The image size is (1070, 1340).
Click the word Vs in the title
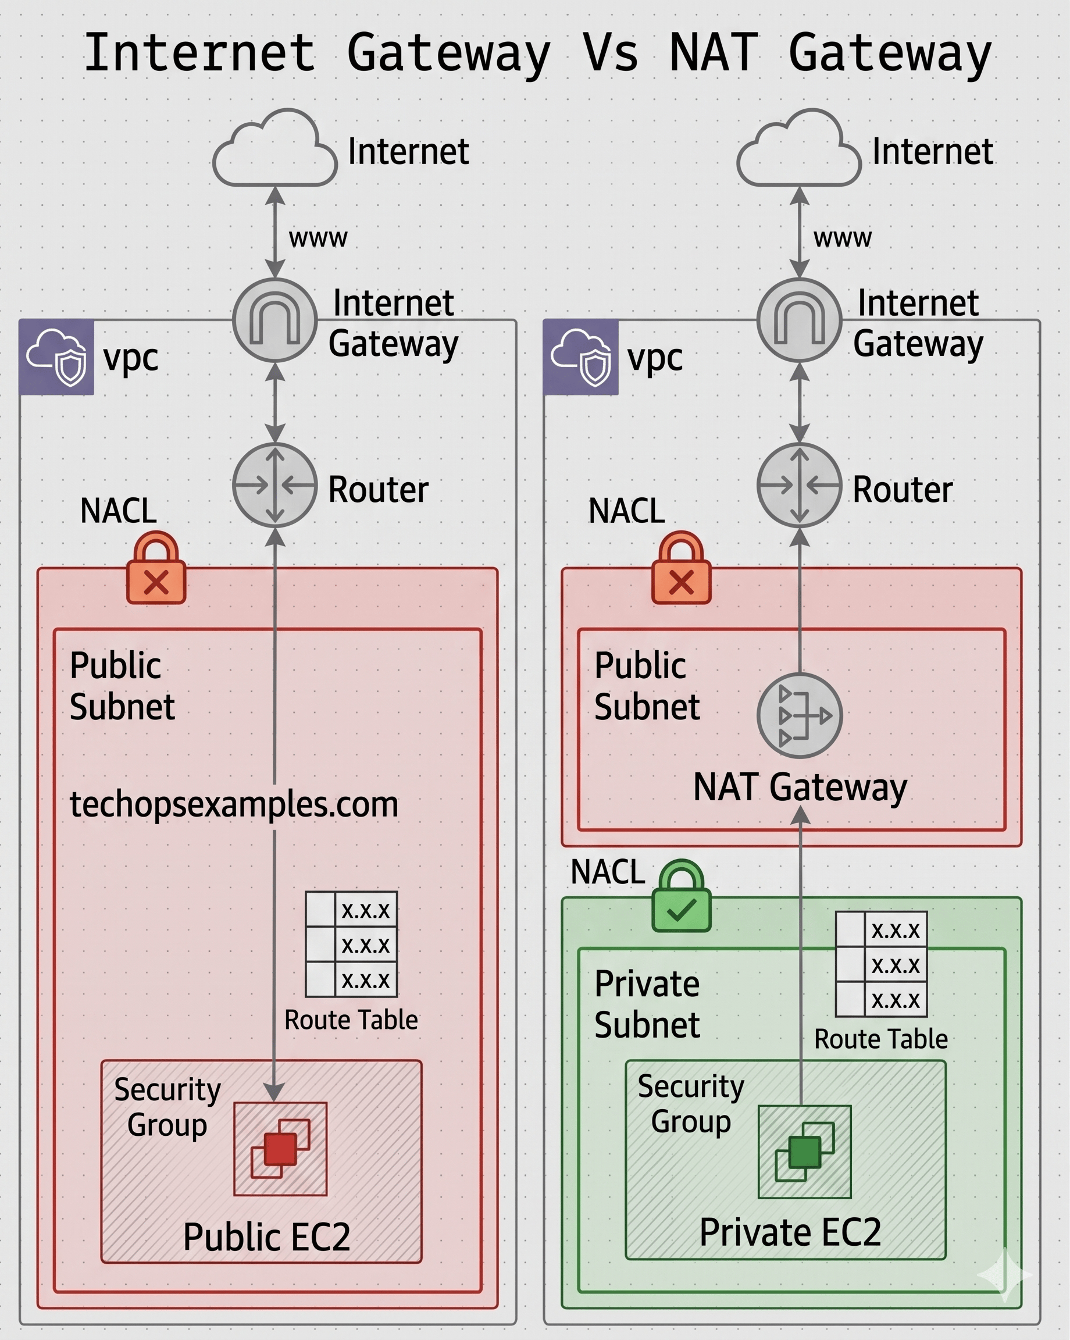[610, 54]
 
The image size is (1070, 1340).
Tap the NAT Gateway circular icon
[799, 715]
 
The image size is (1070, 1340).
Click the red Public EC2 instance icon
[280, 1149]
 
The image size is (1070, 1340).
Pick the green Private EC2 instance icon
[805, 1152]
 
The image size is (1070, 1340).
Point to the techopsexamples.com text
[234, 804]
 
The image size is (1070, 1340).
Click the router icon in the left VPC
[274, 485]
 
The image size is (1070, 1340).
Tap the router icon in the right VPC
[799, 485]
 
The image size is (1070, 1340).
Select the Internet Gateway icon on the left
[274, 320]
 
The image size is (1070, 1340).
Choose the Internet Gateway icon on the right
[799, 320]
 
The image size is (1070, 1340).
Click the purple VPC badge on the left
[56, 357]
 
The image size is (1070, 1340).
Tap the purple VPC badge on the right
[581, 357]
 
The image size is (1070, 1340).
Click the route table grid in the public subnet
[351, 944]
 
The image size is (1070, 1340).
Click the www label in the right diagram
[843, 238]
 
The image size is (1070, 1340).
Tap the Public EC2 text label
[266, 1237]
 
